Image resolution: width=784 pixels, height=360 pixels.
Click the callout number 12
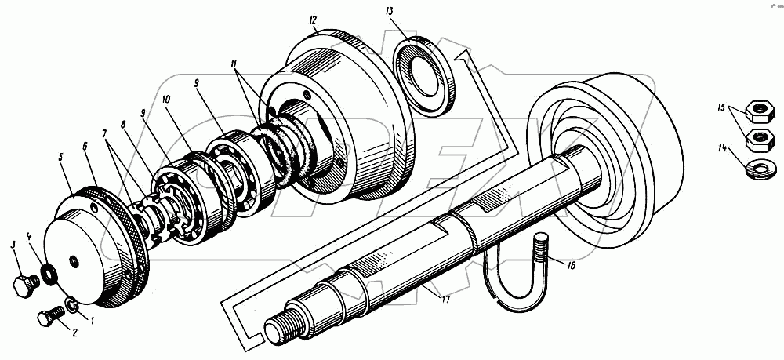pyautogui.click(x=313, y=19)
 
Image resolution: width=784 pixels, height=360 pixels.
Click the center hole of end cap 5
pyautogui.click(x=73, y=261)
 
